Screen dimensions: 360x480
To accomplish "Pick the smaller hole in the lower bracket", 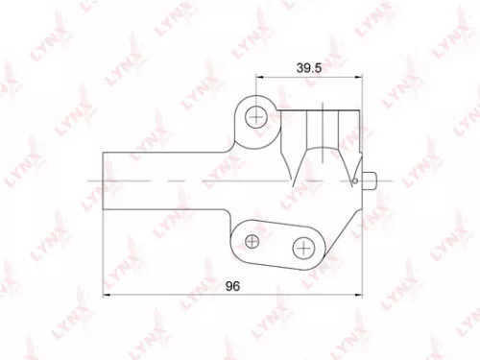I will pos(252,237).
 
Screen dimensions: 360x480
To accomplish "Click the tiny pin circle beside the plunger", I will pos(354,180).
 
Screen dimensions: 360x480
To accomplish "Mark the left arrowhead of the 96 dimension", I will pos(106,296).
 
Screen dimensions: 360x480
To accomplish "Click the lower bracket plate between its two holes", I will pos(278,240).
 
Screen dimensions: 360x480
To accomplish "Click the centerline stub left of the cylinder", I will pos(92,180).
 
